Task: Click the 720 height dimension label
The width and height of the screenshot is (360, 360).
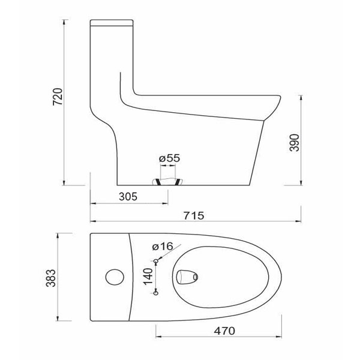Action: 58,97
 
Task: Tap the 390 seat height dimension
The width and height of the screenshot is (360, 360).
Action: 295,143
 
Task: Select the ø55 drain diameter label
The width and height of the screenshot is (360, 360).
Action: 169,158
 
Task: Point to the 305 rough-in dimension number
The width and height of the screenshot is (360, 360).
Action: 128,197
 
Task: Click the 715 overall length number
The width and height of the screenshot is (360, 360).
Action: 194,215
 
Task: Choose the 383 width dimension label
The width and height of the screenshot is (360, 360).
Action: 51,278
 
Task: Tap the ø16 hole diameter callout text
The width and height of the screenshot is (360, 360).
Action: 163,247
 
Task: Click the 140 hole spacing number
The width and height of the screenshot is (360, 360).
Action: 148,276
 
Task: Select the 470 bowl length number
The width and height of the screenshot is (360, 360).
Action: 224,331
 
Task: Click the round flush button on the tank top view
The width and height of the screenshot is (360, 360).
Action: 115,277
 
